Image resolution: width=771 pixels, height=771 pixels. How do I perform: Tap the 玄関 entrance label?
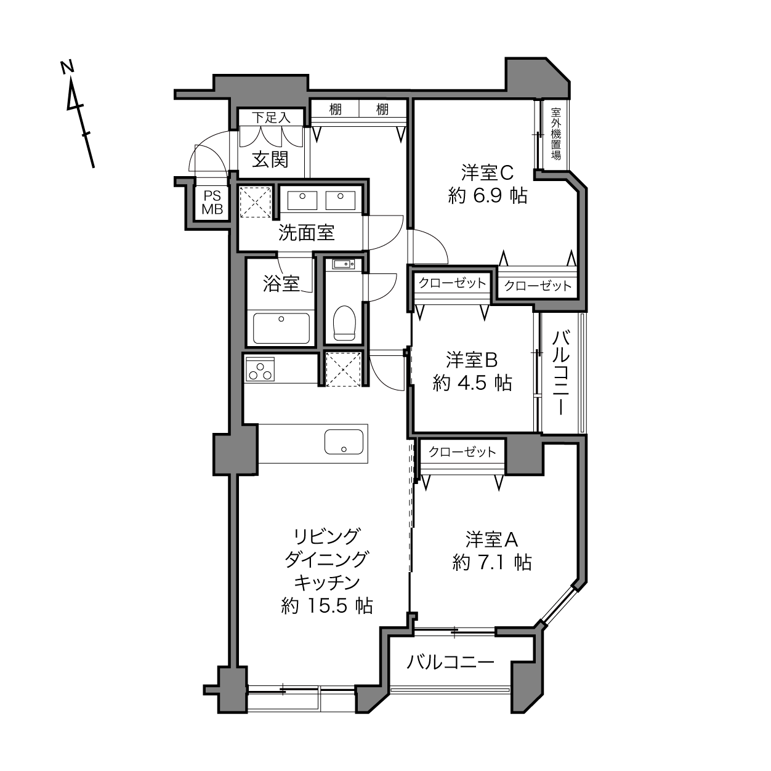pos(270,159)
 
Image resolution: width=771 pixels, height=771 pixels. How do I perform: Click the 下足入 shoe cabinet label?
pos(270,117)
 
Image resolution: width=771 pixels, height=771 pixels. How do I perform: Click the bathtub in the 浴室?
pos(281,328)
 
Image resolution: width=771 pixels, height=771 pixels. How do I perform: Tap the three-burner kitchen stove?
pos(259,369)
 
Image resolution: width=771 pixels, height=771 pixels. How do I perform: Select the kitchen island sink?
pos(344,442)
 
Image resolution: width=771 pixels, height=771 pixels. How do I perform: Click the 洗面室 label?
pos(306,233)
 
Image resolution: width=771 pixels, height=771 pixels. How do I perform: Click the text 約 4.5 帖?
pos(472,383)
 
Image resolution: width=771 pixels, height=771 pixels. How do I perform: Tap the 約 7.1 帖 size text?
pos(491,562)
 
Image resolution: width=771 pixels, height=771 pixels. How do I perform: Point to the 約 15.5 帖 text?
pos(326,606)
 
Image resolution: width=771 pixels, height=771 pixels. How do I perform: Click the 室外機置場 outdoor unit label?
pos(556,134)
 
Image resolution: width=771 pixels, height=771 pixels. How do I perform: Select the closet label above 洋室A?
pos(462,452)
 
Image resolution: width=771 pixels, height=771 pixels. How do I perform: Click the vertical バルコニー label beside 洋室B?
pos(561,373)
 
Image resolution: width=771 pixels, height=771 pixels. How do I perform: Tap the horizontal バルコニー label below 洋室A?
pos(451,663)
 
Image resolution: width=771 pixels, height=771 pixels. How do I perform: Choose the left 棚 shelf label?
pos(335,110)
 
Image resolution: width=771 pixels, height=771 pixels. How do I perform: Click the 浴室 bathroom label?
pos(281,284)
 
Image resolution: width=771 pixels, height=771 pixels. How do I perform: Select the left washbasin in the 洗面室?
pos(302,199)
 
